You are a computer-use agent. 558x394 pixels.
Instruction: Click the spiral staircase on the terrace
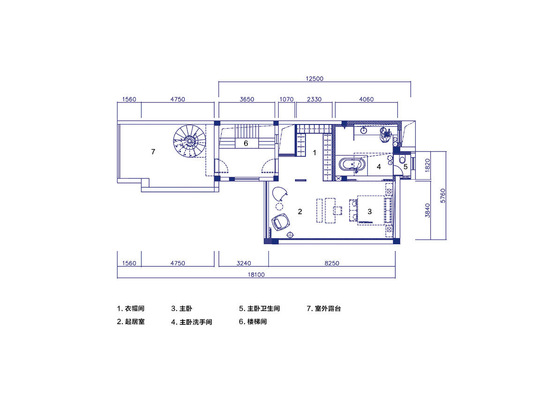pyautogui.click(x=189, y=141)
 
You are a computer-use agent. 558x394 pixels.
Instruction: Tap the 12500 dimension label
pyautogui.click(x=314, y=79)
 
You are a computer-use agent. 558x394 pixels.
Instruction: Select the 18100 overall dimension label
pyautogui.click(x=256, y=275)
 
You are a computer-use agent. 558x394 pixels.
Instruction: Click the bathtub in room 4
pyautogui.click(x=352, y=165)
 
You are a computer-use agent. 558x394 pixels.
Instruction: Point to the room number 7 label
pyautogui.click(x=153, y=152)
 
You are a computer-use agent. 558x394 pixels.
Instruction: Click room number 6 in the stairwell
pyautogui.click(x=246, y=143)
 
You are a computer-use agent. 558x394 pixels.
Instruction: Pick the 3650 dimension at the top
pyautogui.click(x=246, y=99)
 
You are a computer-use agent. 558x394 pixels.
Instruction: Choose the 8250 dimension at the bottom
pyautogui.click(x=332, y=263)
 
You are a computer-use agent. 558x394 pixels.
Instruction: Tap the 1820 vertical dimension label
pyautogui.click(x=426, y=166)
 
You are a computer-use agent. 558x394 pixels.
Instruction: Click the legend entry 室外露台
pyautogui.click(x=323, y=309)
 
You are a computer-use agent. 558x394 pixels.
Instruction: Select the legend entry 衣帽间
pyautogui.click(x=131, y=309)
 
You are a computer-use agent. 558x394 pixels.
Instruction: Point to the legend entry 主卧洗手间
pyautogui.click(x=192, y=322)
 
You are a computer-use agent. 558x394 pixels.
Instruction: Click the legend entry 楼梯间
pyautogui.click(x=253, y=322)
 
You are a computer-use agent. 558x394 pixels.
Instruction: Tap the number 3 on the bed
pyautogui.click(x=369, y=212)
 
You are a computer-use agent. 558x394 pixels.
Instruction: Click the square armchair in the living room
pyautogui.click(x=281, y=222)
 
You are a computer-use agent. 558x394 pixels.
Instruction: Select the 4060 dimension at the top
pyautogui.click(x=365, y=99)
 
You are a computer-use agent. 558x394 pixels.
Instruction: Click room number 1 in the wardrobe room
pyautogui.click(x=315, y=153)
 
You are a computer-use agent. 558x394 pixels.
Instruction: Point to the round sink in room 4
pyautogui.click(x=364, y=131)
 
